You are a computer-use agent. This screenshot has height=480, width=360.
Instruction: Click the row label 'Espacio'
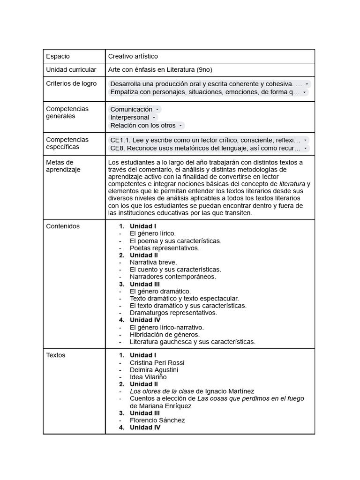[x=58, y=56]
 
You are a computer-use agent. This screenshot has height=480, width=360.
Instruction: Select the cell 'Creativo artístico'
[x=133, y=56]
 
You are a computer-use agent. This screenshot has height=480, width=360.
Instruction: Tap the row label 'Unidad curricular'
[x=71, y=70]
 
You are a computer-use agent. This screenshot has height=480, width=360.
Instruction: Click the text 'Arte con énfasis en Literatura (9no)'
[x=160, y=70]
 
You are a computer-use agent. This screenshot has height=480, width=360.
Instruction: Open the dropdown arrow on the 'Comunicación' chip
[x=157, y=109]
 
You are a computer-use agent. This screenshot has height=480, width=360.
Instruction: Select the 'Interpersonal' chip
[x=129, y=117]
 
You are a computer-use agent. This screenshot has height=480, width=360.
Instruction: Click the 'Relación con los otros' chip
[x=143, y=125]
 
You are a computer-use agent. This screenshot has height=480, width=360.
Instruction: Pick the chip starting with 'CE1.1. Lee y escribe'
[x=205, y=140]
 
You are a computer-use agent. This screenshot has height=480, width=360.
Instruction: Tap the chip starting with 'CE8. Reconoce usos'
[x=205, y=148]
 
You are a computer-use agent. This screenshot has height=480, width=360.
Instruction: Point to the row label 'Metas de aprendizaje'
[x=63, y=166]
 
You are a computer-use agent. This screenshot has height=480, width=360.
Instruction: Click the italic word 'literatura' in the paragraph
[x=292, y=184]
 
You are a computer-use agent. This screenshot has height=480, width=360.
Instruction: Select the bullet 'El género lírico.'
[x=153, y=233]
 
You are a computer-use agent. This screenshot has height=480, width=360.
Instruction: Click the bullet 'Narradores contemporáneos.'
[x=173, y=277]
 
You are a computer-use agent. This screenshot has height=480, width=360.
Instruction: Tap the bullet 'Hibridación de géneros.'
[x=165, y=335]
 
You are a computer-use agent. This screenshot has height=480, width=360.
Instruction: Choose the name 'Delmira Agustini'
[x=154, y=370]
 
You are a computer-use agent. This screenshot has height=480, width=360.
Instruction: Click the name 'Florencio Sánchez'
[x=157, y=420]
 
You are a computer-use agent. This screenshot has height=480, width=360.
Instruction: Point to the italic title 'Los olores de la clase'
[x=162, y=391]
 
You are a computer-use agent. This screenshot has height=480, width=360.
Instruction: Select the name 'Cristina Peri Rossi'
[x=157, y=363]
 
